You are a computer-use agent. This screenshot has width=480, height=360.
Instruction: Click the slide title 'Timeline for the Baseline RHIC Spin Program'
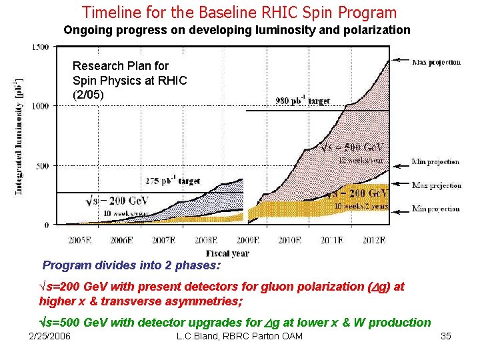pos(239,12)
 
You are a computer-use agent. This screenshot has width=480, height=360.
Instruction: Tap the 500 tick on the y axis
pos(42,165)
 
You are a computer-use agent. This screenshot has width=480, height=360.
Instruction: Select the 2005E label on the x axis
pos(80,240)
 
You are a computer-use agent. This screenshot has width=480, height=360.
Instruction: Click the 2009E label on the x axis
pos(248,240)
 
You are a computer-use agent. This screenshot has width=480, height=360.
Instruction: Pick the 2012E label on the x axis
pos(373,240)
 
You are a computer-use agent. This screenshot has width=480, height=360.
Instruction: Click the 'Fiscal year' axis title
pos(227,253)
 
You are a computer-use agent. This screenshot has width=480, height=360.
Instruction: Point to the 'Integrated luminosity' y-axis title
pos(19,137)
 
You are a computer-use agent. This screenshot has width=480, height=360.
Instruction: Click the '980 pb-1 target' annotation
pos(302,101)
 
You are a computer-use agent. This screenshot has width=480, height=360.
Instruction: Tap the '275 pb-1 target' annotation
pos(173,181)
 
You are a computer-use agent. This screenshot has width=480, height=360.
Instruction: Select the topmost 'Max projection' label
pos(436,62)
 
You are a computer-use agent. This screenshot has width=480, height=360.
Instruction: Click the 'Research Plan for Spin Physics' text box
pos(129,80)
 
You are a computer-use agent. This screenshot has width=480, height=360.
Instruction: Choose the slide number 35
pos(446,336)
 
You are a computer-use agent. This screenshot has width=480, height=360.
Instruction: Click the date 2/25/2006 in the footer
pos(49,336)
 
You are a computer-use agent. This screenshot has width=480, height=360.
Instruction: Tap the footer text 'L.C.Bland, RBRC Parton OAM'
pos(239,336)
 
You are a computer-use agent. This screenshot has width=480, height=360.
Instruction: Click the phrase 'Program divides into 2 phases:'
pos(131,265)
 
